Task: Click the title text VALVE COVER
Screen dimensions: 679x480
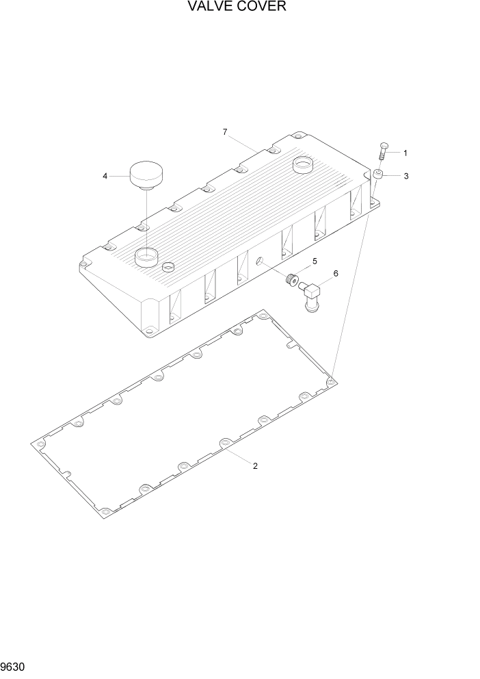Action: click(x=239, y=8)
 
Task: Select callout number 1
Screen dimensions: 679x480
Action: click(x=405, y=153)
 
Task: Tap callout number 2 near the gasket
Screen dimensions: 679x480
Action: click(x=255, y=466)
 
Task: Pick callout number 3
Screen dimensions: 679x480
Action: click(x=405, y=176)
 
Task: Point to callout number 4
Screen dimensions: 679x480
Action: click(x=105, y=176)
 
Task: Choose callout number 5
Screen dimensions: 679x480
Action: click(x=315, y=261)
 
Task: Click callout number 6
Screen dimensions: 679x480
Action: click(x=335, y=274)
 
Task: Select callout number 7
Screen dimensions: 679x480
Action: click(x=225, y=132)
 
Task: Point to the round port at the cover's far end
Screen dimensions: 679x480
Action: click(x=302, y=164)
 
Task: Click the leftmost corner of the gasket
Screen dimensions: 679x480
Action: click(x=33, y=444)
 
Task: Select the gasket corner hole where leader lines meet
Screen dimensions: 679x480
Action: click(x=331, y=379)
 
